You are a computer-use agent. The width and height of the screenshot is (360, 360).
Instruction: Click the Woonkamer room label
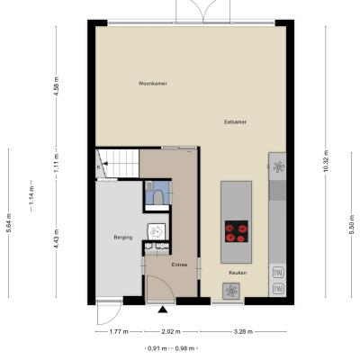pos(152,84)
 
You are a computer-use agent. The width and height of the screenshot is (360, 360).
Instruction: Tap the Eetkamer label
pos(236,122)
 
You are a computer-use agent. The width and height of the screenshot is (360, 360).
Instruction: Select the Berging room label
pos(123,238)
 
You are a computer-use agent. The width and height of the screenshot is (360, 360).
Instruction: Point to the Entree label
pos(179,265)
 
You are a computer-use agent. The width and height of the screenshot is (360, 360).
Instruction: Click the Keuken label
pos(238,273)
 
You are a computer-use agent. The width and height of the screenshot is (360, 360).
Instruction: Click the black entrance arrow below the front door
pos(163,310)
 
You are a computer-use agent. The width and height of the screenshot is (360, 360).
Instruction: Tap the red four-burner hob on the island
pos(237,231)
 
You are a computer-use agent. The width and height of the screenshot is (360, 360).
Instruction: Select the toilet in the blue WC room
pos(157,198)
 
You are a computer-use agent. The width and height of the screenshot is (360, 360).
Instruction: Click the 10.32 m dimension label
pos(326,161)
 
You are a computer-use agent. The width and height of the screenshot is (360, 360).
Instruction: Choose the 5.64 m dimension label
pos(9,223)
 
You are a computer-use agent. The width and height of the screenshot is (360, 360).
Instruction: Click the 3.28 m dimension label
pos(243,331)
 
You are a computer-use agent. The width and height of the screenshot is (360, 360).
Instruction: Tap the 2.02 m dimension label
pos(171,331)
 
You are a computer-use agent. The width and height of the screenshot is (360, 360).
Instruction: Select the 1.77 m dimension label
pos(119,331)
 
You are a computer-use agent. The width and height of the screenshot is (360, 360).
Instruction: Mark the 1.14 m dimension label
pos(31,196)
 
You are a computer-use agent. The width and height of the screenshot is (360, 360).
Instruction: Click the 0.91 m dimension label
pos(157,348)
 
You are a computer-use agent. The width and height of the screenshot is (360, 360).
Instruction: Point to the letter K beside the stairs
pos(98,167)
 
